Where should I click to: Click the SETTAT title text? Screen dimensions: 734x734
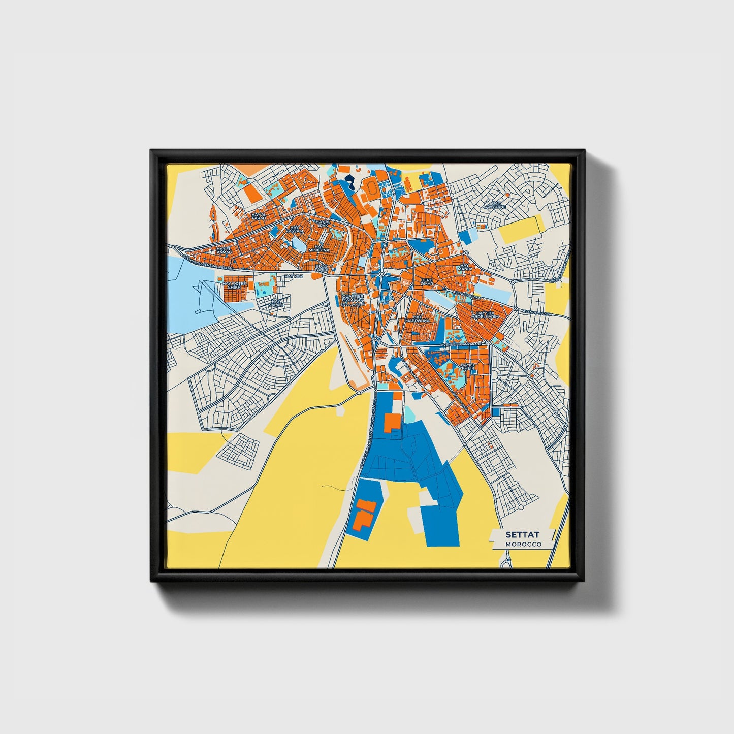523,535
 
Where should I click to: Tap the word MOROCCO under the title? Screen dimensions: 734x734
523,544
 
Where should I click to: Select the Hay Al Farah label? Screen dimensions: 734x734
259,217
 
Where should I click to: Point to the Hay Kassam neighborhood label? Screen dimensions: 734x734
294,229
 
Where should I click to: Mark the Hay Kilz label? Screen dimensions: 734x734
293,276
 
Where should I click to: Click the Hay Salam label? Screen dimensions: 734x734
277,303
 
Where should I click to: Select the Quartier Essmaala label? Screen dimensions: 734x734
353,299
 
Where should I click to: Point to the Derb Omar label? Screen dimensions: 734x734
427,281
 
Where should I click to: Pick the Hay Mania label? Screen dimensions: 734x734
465,267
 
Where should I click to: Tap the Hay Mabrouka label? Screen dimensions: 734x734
418,319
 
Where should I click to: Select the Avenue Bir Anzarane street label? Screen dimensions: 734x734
460,344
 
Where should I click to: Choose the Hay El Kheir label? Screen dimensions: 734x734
468,366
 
